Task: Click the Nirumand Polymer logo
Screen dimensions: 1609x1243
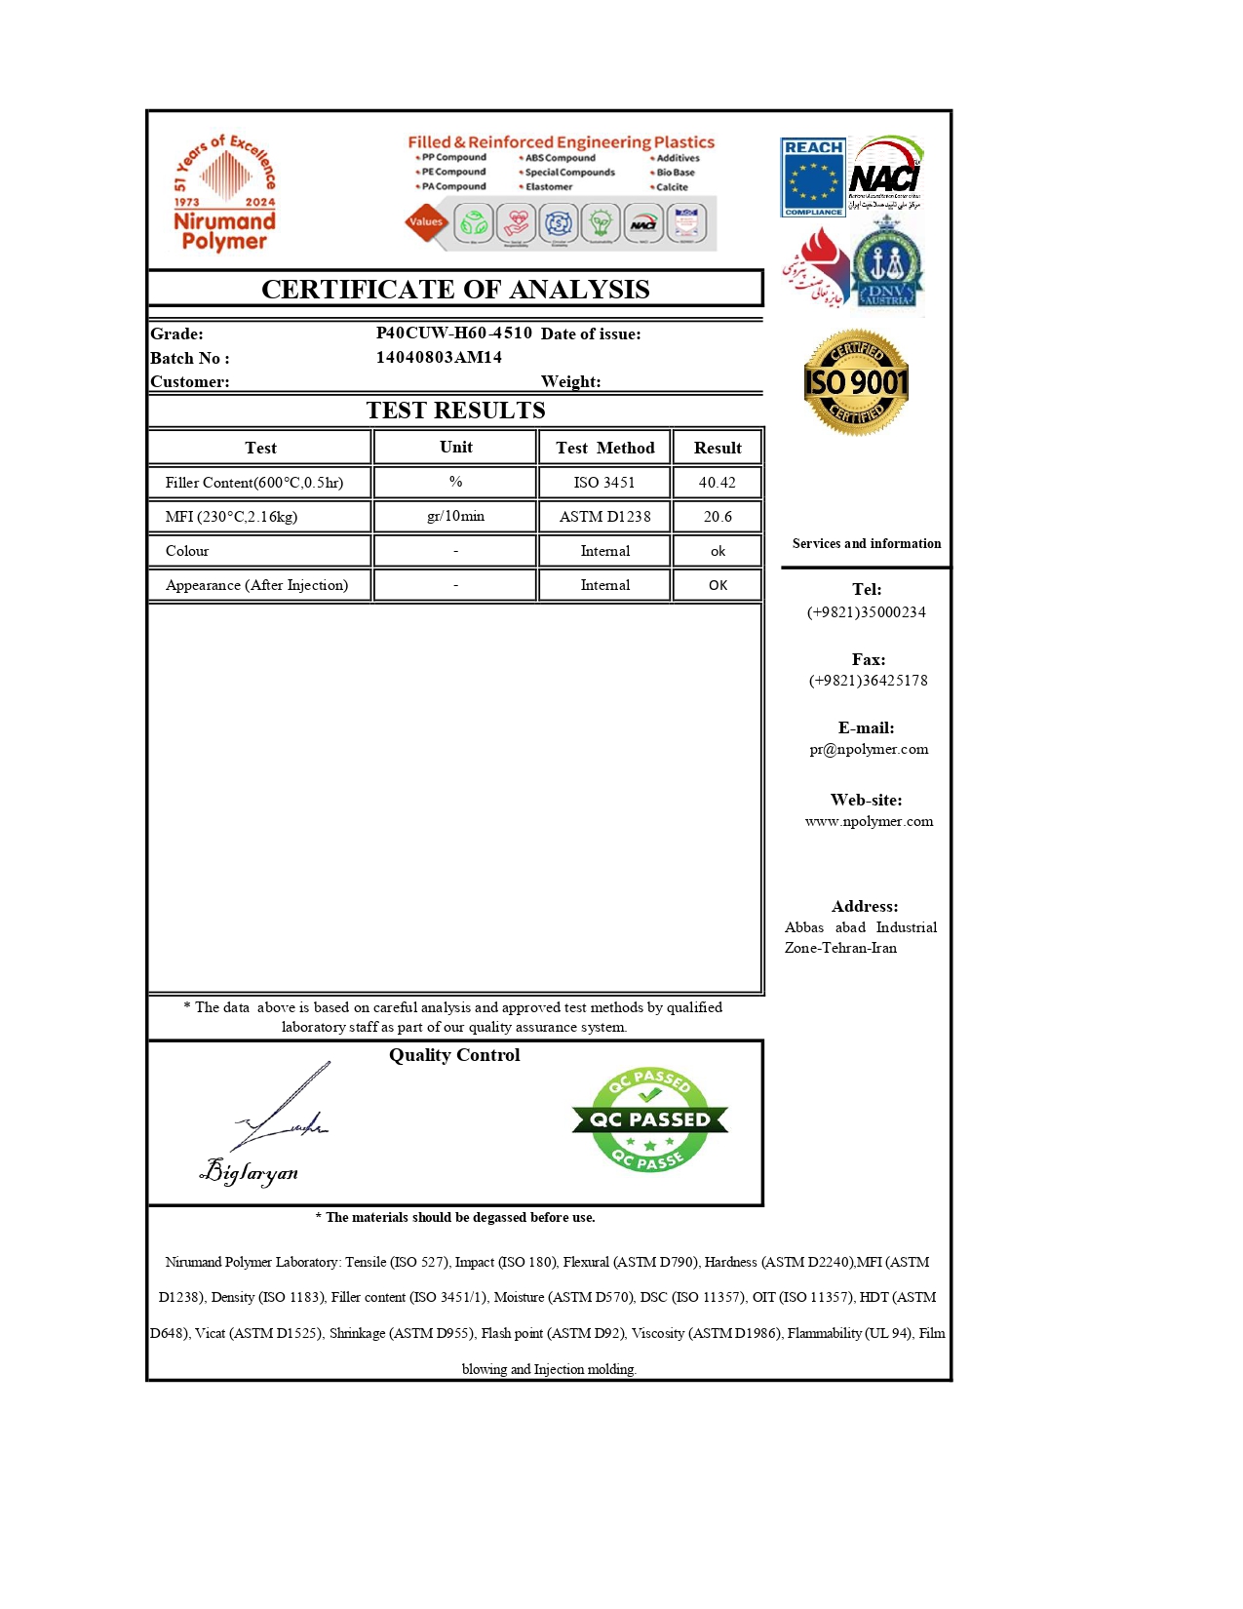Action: pos(225,194)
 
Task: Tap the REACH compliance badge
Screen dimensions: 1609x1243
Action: pos(813,177)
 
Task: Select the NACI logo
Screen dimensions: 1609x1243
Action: pos(884,175)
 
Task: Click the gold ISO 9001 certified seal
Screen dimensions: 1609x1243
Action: pos(856,382)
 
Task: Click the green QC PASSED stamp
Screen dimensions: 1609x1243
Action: pos(650,1119)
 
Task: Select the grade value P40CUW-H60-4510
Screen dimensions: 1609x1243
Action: pos(454,333)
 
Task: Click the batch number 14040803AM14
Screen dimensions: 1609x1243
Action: pos(439,357)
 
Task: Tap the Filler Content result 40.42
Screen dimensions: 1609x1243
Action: pos(718,483)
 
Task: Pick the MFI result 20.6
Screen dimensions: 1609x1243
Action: pos(718,517)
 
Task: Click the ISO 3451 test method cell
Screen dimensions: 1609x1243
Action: pos(604,483)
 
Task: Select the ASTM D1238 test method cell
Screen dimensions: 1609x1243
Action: pos(604,517)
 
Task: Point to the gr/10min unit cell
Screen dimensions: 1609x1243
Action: pos(455,516)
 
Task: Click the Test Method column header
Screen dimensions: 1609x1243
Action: pos(604,448)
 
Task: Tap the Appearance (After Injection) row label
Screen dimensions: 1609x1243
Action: pos(256,585)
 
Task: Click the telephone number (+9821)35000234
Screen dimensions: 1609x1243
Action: pos(867,612)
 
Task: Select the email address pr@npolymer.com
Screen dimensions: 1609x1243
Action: pos(869,749)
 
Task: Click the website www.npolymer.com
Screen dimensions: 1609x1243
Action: pos(869,821)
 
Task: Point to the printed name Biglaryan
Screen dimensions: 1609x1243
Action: pos(250,1171)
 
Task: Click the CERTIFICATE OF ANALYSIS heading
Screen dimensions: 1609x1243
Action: pos(455,290)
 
